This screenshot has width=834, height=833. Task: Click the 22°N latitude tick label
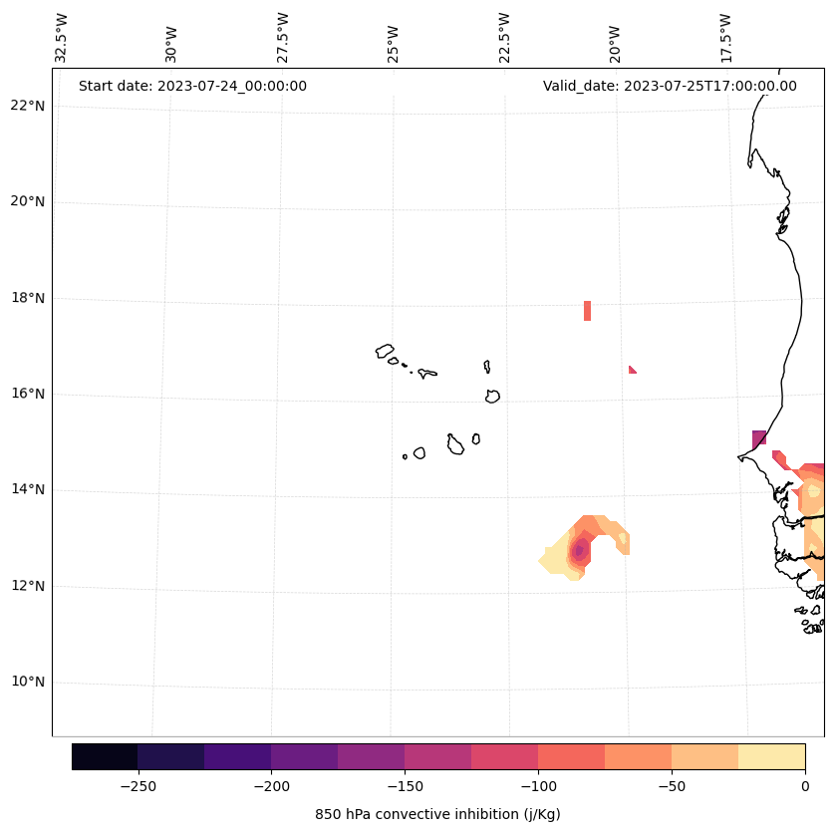click(29, 106)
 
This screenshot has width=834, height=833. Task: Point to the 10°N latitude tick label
click(29, 682)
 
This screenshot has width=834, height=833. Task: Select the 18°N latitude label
click(29, 298)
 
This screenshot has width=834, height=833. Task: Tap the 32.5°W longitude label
click(62, 38)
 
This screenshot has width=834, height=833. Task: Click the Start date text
click(192, 86)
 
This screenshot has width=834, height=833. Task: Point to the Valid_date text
click(670, 86)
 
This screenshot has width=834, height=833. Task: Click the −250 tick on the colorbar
click(138, 786)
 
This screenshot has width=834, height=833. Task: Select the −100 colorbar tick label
click(538, 786)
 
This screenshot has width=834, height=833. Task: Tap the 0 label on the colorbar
click(805, 786)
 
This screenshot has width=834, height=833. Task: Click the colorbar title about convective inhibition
click(437, 814)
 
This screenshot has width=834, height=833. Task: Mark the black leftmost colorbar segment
click(105, 756)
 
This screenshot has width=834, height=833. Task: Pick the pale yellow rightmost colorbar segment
click(771, 756)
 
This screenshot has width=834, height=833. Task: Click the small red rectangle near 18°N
click(587, 310)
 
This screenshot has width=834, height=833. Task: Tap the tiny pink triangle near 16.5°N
click(632, 370)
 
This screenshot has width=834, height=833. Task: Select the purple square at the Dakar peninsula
click(759, 437)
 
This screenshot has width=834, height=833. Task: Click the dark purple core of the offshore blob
click(578, 550)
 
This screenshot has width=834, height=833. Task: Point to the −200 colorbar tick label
click(271, 786)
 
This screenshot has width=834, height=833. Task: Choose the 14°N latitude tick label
click(29, 489)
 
